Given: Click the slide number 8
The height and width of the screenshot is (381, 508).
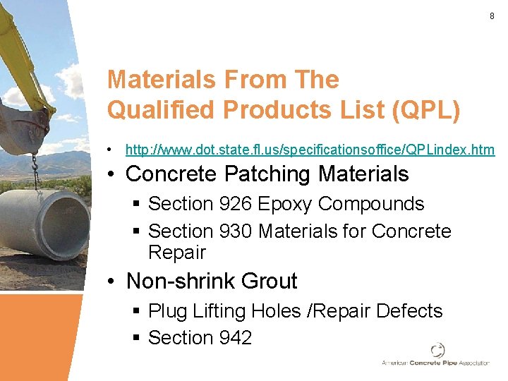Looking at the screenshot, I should click(x=492, y=16).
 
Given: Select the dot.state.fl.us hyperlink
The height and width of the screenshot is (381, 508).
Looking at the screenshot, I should click(x=310, y=150).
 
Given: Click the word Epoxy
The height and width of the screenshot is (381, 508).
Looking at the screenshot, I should click(x=284, y=204).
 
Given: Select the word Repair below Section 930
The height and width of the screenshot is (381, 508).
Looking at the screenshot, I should click(x=177, y=252).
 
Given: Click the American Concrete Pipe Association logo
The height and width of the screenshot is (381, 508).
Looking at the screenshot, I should click(x=436, y=354).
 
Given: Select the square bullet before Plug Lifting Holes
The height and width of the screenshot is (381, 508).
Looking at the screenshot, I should click(x=137, y=312).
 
